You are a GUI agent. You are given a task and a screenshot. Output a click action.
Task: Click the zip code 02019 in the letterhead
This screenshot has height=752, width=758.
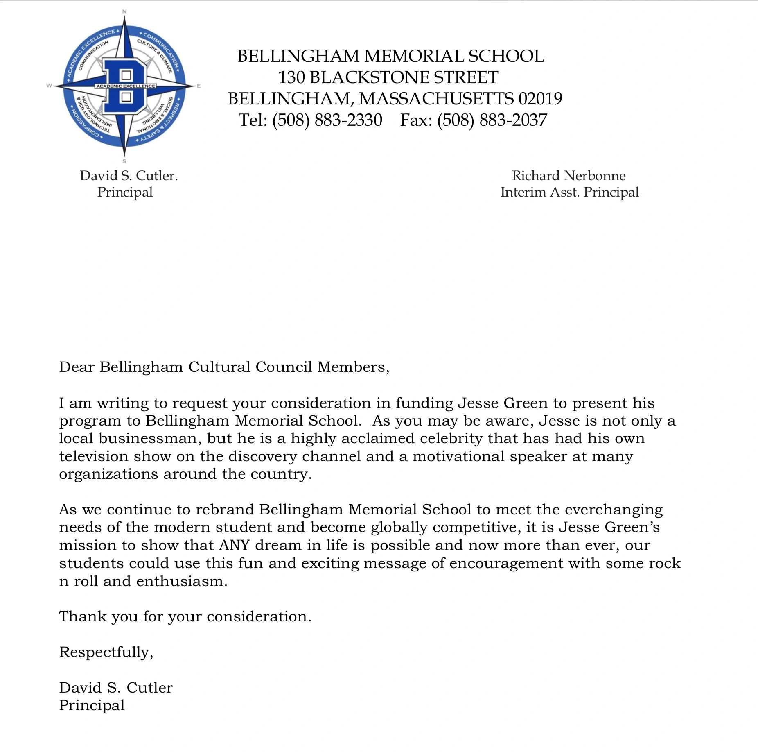pyautogui.click(x=540, y=99)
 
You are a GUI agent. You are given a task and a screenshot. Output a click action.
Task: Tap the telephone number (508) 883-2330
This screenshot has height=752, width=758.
pyautogui.click(x=327, y=120)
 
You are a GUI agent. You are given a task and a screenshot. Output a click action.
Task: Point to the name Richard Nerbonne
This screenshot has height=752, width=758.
pyautogui.click(x=568, y=176)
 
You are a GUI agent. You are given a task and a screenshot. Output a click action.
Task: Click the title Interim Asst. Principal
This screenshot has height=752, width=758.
pyautogui.click(x=569, y=192)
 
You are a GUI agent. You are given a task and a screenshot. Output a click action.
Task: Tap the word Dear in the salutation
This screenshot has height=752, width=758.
pyautogui.click(x=77, y=367)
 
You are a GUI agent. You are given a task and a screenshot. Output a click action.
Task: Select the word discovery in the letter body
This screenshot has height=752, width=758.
pyautogui.click(x=262, y=456)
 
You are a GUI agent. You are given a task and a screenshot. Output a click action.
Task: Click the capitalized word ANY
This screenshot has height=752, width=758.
pyautogui.click(x=234, y=545)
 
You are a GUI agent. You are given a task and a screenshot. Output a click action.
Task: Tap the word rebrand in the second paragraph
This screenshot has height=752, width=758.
pyautogui.click(x=225, y=510)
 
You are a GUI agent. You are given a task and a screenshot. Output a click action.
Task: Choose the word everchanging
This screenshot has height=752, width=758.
pyautogui.click(x=614, y=510)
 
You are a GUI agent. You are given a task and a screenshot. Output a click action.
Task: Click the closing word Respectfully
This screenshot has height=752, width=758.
pyautogui.click(x=106, y=652)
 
